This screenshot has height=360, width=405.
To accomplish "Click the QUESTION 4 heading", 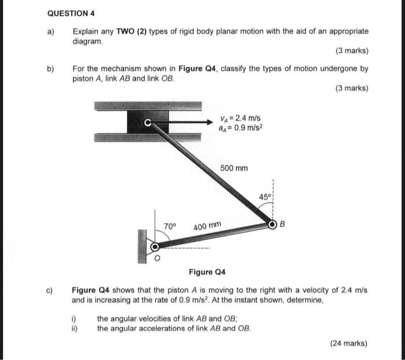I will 71,13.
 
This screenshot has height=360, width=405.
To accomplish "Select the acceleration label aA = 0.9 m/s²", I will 239,128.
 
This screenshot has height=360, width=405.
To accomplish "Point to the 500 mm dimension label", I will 234,168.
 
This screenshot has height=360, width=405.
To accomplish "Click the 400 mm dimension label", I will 207,225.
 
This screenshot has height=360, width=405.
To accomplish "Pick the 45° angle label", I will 264,197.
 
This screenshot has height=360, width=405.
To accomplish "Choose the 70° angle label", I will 170,226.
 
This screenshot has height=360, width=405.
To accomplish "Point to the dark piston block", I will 148,122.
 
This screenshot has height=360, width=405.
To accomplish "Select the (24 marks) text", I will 348,343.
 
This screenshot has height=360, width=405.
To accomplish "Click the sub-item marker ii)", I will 74,328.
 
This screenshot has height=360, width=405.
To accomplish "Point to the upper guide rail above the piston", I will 148,106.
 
